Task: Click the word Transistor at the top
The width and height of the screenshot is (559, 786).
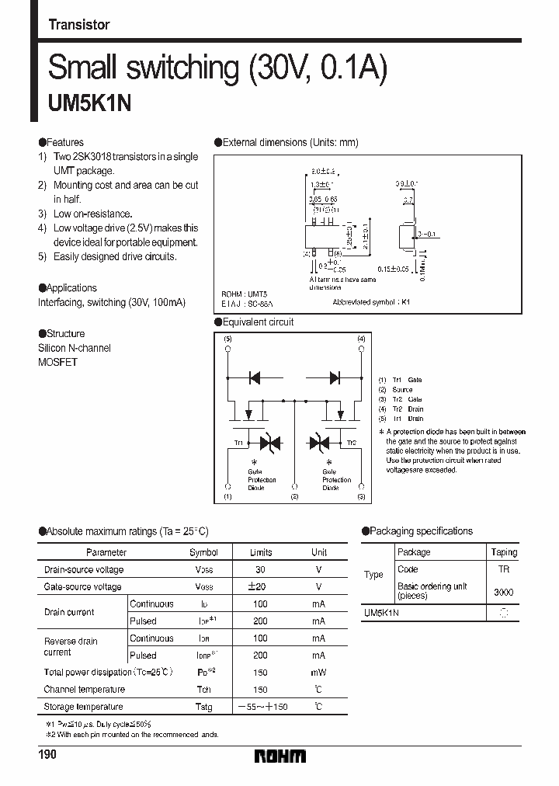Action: pyautogui.click(x=78, y=25)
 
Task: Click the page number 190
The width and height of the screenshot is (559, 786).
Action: pyautogui.click(x=47, y=755)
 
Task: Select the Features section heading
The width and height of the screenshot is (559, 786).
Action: pyautogui.click(x=61, y=143)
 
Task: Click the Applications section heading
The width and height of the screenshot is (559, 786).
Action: pyautogui.click(x=68, y=287)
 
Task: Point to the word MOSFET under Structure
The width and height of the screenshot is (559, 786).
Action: pyautogui.click(x=58, y=362)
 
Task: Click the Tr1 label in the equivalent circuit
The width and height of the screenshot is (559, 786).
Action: pyautogui.click(x=238, y=443)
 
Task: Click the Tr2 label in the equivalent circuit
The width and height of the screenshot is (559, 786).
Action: pyautogui.click(x=351, y=443)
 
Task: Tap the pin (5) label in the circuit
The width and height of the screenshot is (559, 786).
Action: pyautogui.click(x=227, y=339)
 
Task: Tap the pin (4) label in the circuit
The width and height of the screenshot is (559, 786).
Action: pyautogui.click(x=361, y=339)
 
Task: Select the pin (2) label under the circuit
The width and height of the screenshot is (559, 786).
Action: pyautogui.click(x=294, y=496)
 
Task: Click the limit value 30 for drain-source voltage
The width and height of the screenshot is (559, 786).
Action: pyautogui.click(x=261, y=569)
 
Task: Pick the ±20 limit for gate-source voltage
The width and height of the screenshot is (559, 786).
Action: pyautogui.click(x=261, y=586)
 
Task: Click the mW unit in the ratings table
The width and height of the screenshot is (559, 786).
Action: pyautogui.click(x=319, y=673)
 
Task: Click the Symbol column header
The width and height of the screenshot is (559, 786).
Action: pyautogui.click(x=204, y=552)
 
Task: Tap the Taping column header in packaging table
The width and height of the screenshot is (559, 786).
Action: pyautogui.click(x=504, y=552)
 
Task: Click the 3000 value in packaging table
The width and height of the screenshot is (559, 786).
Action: pyautogui.click(x=503, y=592)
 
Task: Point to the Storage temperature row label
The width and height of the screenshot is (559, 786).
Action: pyautogui.click(x=84, y=707)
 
